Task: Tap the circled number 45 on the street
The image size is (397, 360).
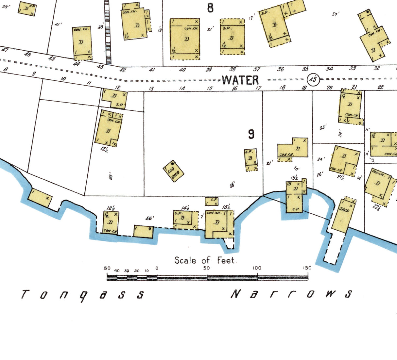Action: (x=313, y=79)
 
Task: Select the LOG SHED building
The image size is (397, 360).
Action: (x=173, y=171)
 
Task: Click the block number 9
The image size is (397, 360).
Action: (x=251, y=134)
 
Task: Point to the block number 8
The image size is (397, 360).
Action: (x=210, y=8)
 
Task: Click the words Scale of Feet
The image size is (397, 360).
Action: (x=205, y=260)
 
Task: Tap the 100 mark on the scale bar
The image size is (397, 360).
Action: (x=257, y=268)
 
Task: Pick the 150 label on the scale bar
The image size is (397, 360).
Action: (x=307, y=268)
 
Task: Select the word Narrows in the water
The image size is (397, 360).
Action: (x=291, y=294)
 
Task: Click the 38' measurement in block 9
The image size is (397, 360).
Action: (x=232, y=185)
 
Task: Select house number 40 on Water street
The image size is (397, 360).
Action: (x=182, y=70)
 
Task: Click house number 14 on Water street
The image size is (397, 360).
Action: (x=182, y=88)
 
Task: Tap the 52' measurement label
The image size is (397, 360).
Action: (x=336, y=14)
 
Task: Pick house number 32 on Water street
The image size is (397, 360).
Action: (x=377, y=68)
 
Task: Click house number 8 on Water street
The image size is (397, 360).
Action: (x=6, y=69)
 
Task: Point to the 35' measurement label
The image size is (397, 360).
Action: (x=323, y=128)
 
